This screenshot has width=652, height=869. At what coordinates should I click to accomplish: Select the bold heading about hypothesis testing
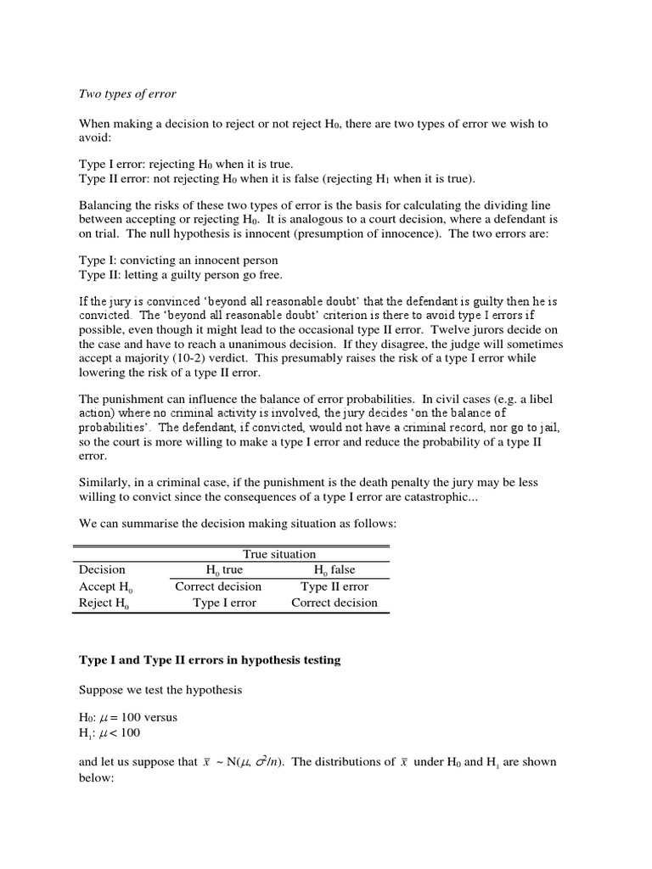tap(210, 659)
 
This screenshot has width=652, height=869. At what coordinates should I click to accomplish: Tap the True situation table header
tap(279, 553)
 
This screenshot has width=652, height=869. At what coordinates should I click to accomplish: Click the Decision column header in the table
tap(102, 569)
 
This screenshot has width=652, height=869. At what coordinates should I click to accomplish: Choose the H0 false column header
tap(334, 570)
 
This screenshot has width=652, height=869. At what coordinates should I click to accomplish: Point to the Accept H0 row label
tap(104, 586)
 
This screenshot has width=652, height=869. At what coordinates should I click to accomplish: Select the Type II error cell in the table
tap(334, 586)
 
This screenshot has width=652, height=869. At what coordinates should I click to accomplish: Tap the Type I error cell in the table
tap(224, 603)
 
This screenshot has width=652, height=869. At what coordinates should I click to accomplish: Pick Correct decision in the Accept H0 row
tap(218, 586)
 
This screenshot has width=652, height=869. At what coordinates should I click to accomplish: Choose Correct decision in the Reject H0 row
tap(334, 603)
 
